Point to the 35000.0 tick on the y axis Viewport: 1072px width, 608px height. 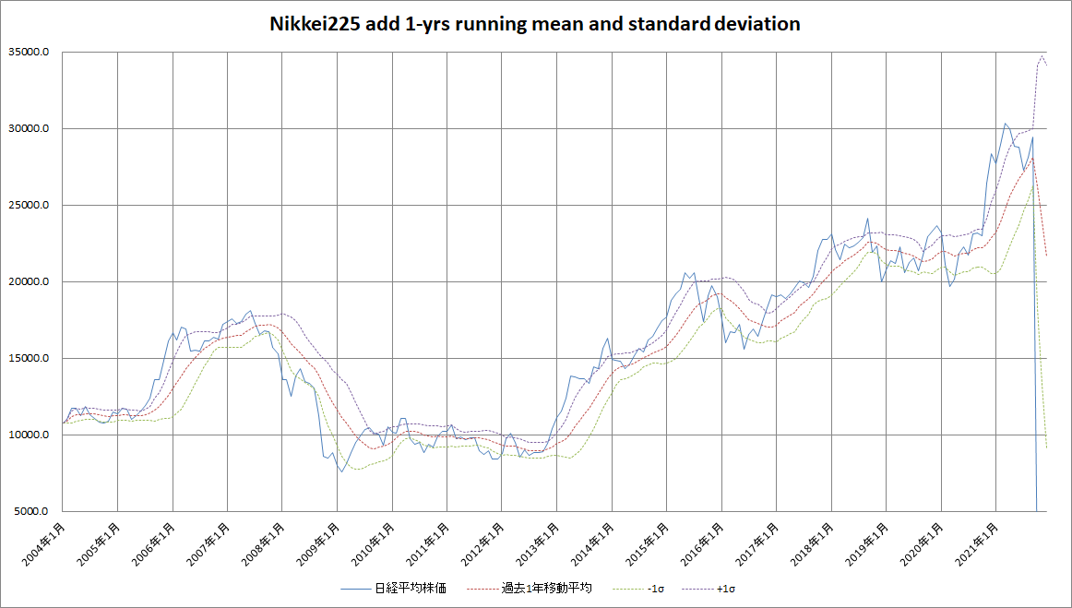point(30,54)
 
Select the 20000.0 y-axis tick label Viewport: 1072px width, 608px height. point(30,282)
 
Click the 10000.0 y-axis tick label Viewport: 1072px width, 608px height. point(30,435)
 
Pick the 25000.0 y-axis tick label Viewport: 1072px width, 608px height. point(30,206)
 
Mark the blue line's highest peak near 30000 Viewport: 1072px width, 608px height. point(1006,123)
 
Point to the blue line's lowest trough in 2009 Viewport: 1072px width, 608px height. point(341,471)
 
